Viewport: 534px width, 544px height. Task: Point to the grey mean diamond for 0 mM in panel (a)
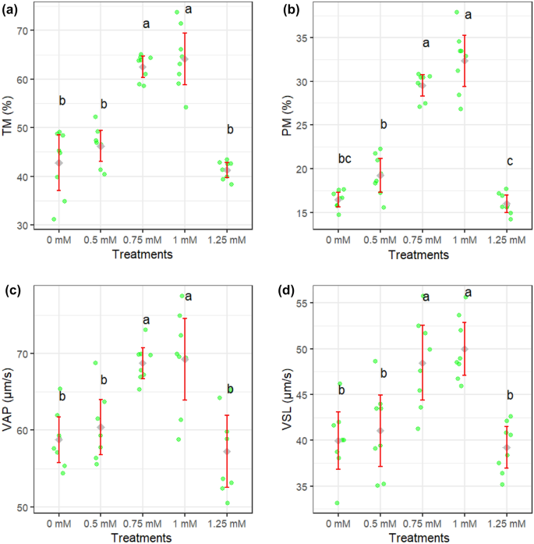point(58,162)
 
